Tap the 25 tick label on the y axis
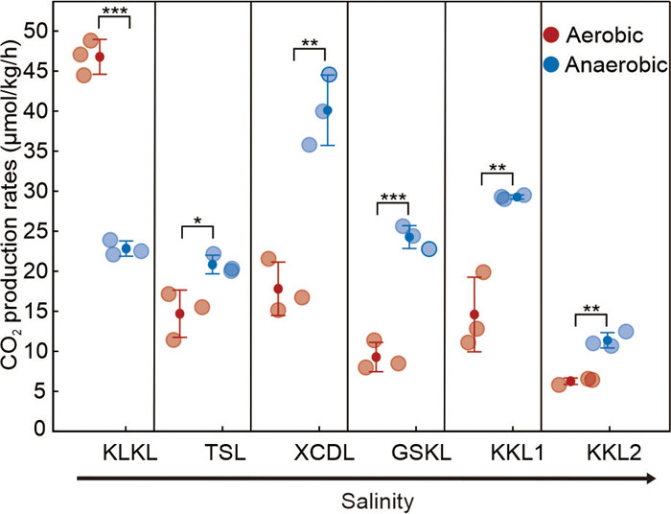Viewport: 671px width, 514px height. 34,230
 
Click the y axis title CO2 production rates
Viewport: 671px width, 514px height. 13,230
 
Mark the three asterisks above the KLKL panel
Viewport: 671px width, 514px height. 115,11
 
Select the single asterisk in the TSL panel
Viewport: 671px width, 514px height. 197,222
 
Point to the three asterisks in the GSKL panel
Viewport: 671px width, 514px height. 394,198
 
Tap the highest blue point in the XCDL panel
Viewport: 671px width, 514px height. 329,75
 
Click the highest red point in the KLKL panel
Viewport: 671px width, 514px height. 91,40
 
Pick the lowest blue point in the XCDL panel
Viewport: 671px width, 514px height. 310,145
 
